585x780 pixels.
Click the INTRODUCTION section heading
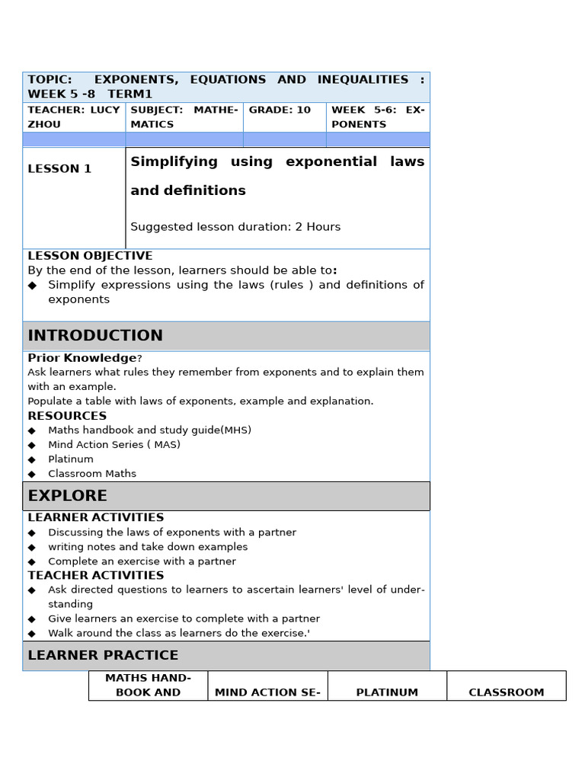(95, 336)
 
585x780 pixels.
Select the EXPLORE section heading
(68, 496)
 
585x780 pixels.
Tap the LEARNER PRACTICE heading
(103, 655)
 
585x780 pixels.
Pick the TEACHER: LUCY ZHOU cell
(73, 117)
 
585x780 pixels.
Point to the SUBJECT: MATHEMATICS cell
(184, 117)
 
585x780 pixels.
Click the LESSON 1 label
(59, 169)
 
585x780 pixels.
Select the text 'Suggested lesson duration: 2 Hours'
(235, 227)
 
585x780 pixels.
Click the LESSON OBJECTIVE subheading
(90, 256)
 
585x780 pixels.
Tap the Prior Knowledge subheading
(82, 358)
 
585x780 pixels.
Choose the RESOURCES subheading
(67, 416)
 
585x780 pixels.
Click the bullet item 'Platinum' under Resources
(71, 459)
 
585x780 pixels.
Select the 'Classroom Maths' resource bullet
(92, 474)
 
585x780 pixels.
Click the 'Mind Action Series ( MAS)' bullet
(114, 445)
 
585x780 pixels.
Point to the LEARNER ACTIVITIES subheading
(96, 518)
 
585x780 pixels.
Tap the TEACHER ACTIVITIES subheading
(96, 576)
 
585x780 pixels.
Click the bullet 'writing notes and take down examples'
(148, 547)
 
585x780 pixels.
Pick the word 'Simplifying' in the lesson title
(174, 161)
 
